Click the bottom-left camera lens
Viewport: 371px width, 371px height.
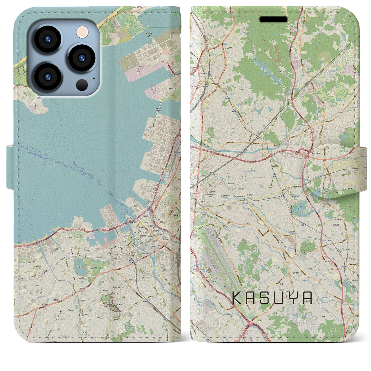(x=48, y=76)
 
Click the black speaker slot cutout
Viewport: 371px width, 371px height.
(x=273, y=19)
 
